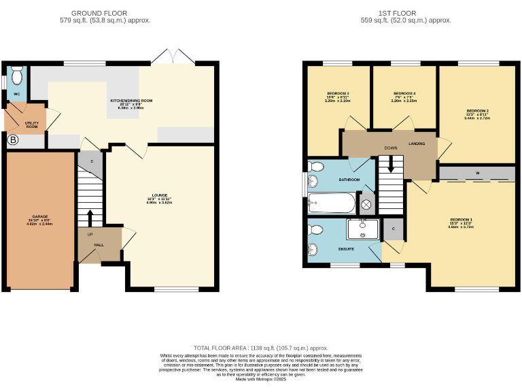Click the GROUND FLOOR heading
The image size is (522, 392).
99,13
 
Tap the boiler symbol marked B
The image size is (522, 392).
12,140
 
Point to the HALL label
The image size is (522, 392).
99,245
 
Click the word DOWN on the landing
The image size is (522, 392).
390,148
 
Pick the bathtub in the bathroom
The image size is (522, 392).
331,202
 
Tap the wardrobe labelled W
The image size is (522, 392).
477,174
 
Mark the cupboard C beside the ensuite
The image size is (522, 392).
394,229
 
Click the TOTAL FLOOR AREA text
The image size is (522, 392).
260,347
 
